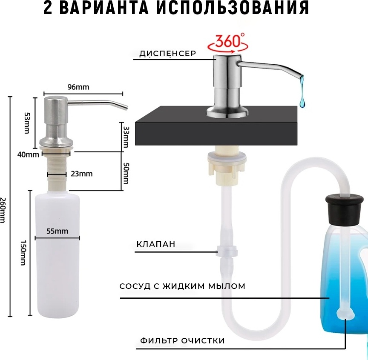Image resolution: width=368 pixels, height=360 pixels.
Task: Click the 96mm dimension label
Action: (x=78, y=87)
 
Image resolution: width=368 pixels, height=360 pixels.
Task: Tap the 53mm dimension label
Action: (x=27, y=123)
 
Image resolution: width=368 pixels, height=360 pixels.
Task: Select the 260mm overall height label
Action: (x=3, y=210)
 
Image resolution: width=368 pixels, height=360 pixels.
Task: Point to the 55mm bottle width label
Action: (x=57, y=231)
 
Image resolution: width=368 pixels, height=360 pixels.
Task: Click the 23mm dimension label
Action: (x=82, y=174)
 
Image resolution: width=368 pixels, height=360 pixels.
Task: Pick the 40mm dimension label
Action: (x=28, y=155)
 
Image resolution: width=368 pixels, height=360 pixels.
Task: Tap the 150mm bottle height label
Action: (x=23, y=253)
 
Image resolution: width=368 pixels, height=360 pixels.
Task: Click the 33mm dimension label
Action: (x=126, y=137)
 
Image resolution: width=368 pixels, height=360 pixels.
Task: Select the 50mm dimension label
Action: (x=126, y=173)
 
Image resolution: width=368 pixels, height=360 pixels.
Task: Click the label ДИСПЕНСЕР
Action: (x=167, y=54)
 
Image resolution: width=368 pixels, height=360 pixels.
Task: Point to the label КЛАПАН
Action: (x=156, y=244)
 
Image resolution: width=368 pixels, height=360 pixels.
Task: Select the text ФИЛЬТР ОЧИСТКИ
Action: (x=182, y=340)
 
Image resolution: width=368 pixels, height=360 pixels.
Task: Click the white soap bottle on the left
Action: (x=57, y=254)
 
